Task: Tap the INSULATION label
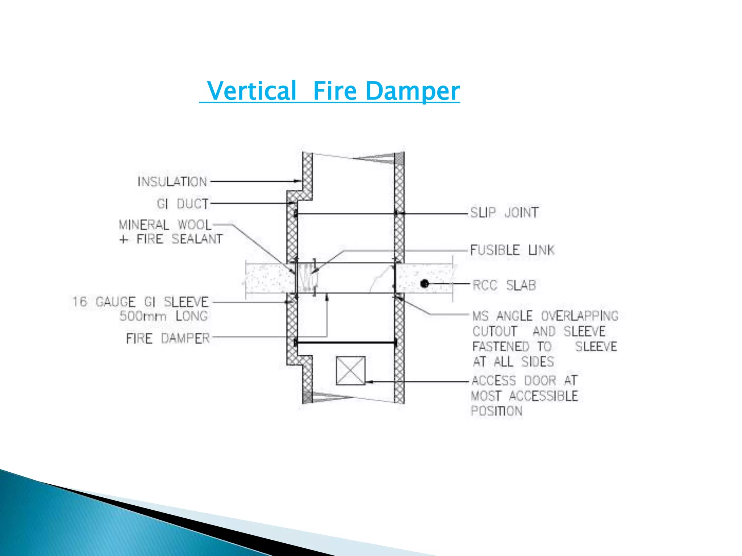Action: tap(172, 182)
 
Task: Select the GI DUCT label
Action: tap(183, 204)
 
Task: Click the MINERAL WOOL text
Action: tap(165, 225)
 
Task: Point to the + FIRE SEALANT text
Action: tap(171, 239)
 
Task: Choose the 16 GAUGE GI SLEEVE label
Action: tap(141, 302)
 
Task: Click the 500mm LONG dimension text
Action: tap(164, 316)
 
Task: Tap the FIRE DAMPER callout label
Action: tap(168, 338)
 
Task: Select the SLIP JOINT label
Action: tap(504, 212)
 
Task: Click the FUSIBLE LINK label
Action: tap(512, 250)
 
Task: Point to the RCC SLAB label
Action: tap(504, 285)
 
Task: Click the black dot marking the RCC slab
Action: tap(425, 284)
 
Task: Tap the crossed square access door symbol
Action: tap(350, 371)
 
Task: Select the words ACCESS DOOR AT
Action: tap(524, 381)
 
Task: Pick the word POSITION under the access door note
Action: tap(496, 411)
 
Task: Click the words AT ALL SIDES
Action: tap(513, 362)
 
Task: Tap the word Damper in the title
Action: tap(413, 91)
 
